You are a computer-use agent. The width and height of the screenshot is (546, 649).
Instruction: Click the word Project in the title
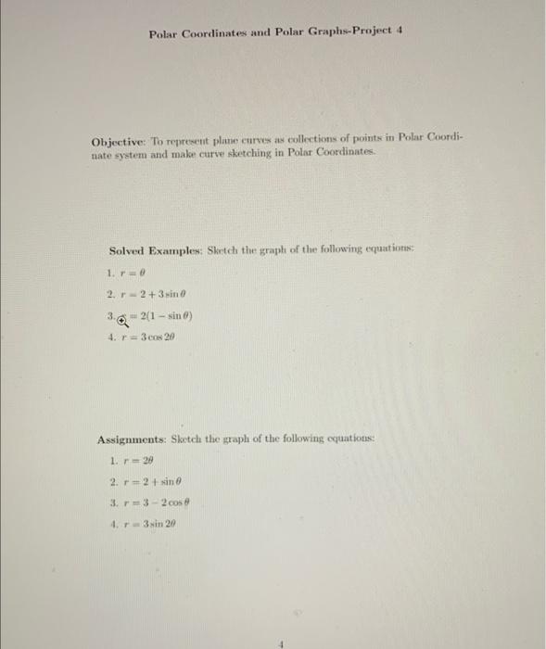364,32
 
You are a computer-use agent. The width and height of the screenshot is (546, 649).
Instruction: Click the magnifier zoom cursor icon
122,317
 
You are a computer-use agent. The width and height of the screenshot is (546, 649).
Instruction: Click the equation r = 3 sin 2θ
147,523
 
